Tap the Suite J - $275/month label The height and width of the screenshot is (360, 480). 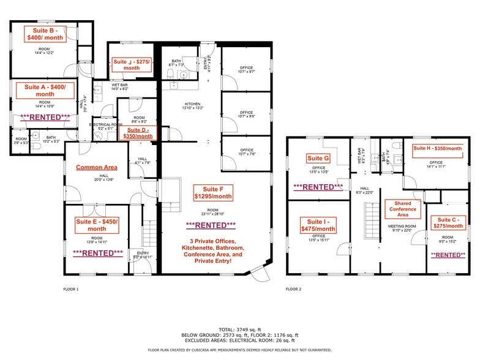[131, 65]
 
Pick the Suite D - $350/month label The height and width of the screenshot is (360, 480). [140, 133]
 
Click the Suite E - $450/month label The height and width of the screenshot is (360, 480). [96, 225]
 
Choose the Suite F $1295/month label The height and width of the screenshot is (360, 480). [214, 192]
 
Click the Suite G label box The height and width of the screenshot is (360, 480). [318, 159]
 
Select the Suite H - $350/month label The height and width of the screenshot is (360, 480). [437, 148]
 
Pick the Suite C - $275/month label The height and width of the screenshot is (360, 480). [446, 223]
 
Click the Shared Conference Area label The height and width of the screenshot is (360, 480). [402, 209]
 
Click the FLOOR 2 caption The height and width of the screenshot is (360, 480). [294, 288]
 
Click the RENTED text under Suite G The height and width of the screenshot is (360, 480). [318, 187]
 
